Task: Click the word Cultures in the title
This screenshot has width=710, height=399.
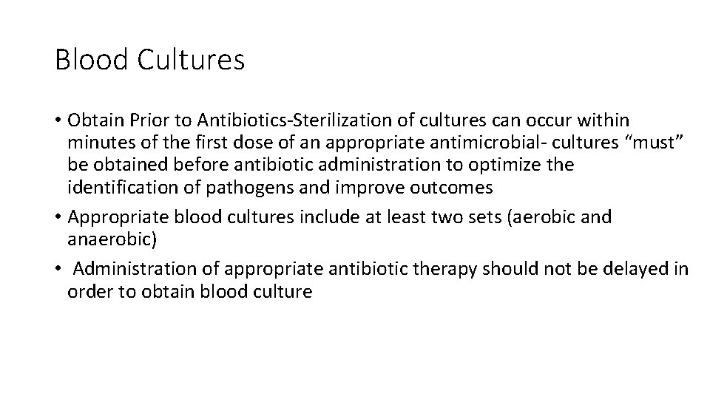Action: (191, 59)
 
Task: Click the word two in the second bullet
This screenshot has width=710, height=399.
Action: (427, 217)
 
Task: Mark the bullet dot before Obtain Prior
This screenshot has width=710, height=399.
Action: (58, 120)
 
